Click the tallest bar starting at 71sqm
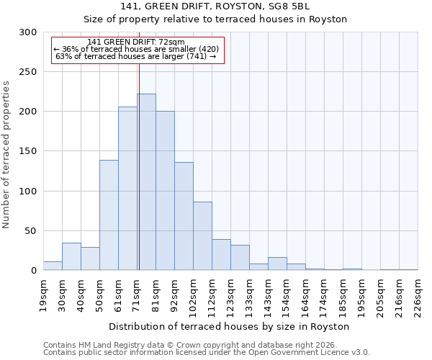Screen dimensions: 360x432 coord(146,182)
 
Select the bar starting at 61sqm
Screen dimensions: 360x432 coord(127,189)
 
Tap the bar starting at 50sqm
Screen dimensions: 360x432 coord(109,215)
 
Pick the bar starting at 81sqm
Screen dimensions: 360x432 coord(165,191)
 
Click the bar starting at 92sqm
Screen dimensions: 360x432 coord(184,216)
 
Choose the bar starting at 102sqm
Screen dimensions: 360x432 coord(202,236)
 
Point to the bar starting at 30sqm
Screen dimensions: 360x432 coord(71,256)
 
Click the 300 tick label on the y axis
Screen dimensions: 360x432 coord(28,32)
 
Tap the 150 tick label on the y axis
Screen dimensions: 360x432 coord(28,151)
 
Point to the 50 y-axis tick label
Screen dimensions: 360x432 coord(31,231)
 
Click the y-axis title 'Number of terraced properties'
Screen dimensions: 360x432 coord(6,155)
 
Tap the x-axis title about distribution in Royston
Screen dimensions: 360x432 coord(230,326)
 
